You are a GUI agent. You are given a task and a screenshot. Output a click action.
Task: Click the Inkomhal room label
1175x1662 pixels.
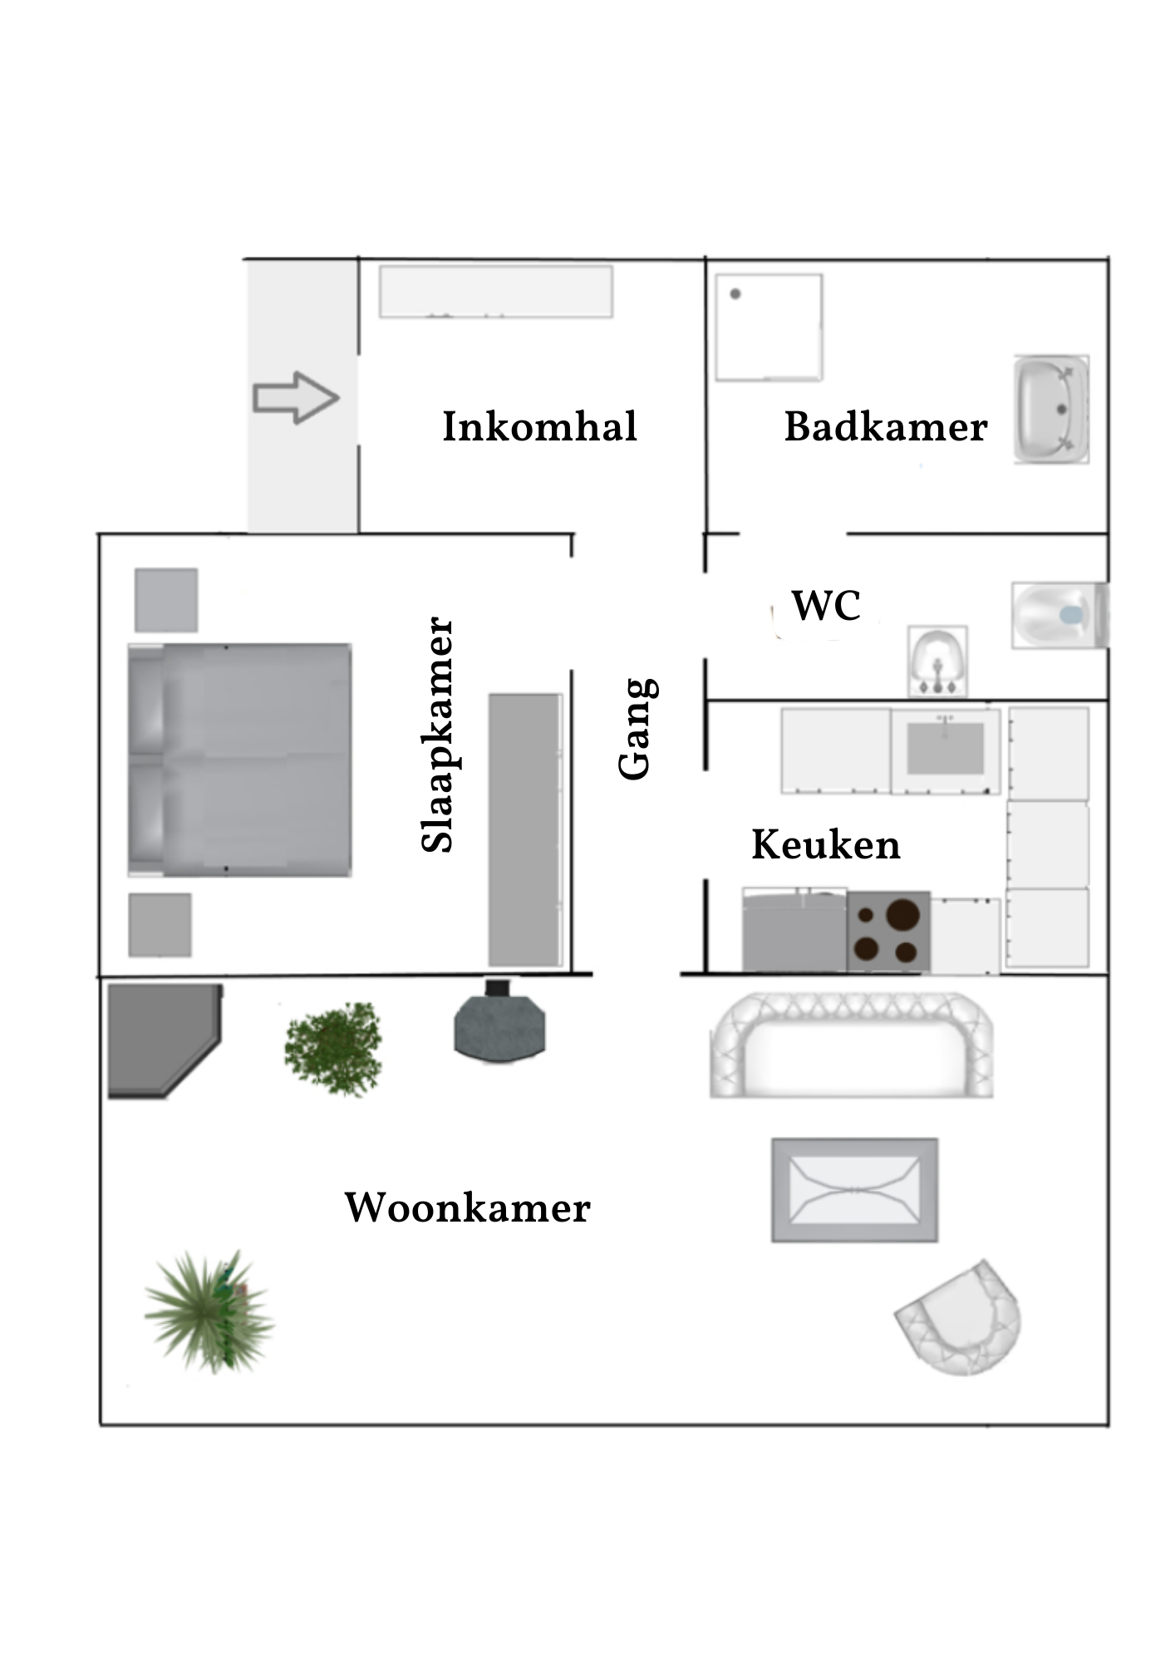point(539,427)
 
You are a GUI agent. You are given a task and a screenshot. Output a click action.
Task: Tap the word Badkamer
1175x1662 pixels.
point(886,427)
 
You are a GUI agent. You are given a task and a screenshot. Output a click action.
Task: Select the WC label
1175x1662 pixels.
point(826,606)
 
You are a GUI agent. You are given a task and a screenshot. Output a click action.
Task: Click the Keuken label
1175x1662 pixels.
point(826,845)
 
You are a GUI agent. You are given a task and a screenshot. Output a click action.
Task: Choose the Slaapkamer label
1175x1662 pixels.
point(438,735)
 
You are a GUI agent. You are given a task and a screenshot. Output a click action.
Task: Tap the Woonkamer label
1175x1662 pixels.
point(467,1207)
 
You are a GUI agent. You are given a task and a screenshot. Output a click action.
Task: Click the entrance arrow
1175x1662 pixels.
point(296,398)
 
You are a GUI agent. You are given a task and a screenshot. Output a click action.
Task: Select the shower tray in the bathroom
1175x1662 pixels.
point(769,327)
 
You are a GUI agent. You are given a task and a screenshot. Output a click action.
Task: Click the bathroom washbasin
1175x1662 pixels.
point(1051,409)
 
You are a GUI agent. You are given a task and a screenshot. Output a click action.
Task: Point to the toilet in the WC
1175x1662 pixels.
point(1059,615)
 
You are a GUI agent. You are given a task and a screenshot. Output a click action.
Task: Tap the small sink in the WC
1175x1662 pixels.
point(937,661)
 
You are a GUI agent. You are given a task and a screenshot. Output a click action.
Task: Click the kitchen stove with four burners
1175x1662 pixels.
point(888,931)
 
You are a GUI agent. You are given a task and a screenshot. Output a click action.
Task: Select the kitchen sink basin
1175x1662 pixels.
point(946,748)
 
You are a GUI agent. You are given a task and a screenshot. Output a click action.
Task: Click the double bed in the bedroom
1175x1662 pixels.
point(239,760)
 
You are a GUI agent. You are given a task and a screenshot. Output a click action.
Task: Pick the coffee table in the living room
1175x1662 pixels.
point(855,1190)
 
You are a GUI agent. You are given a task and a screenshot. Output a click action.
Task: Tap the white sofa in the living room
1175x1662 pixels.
point(852,1045)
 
